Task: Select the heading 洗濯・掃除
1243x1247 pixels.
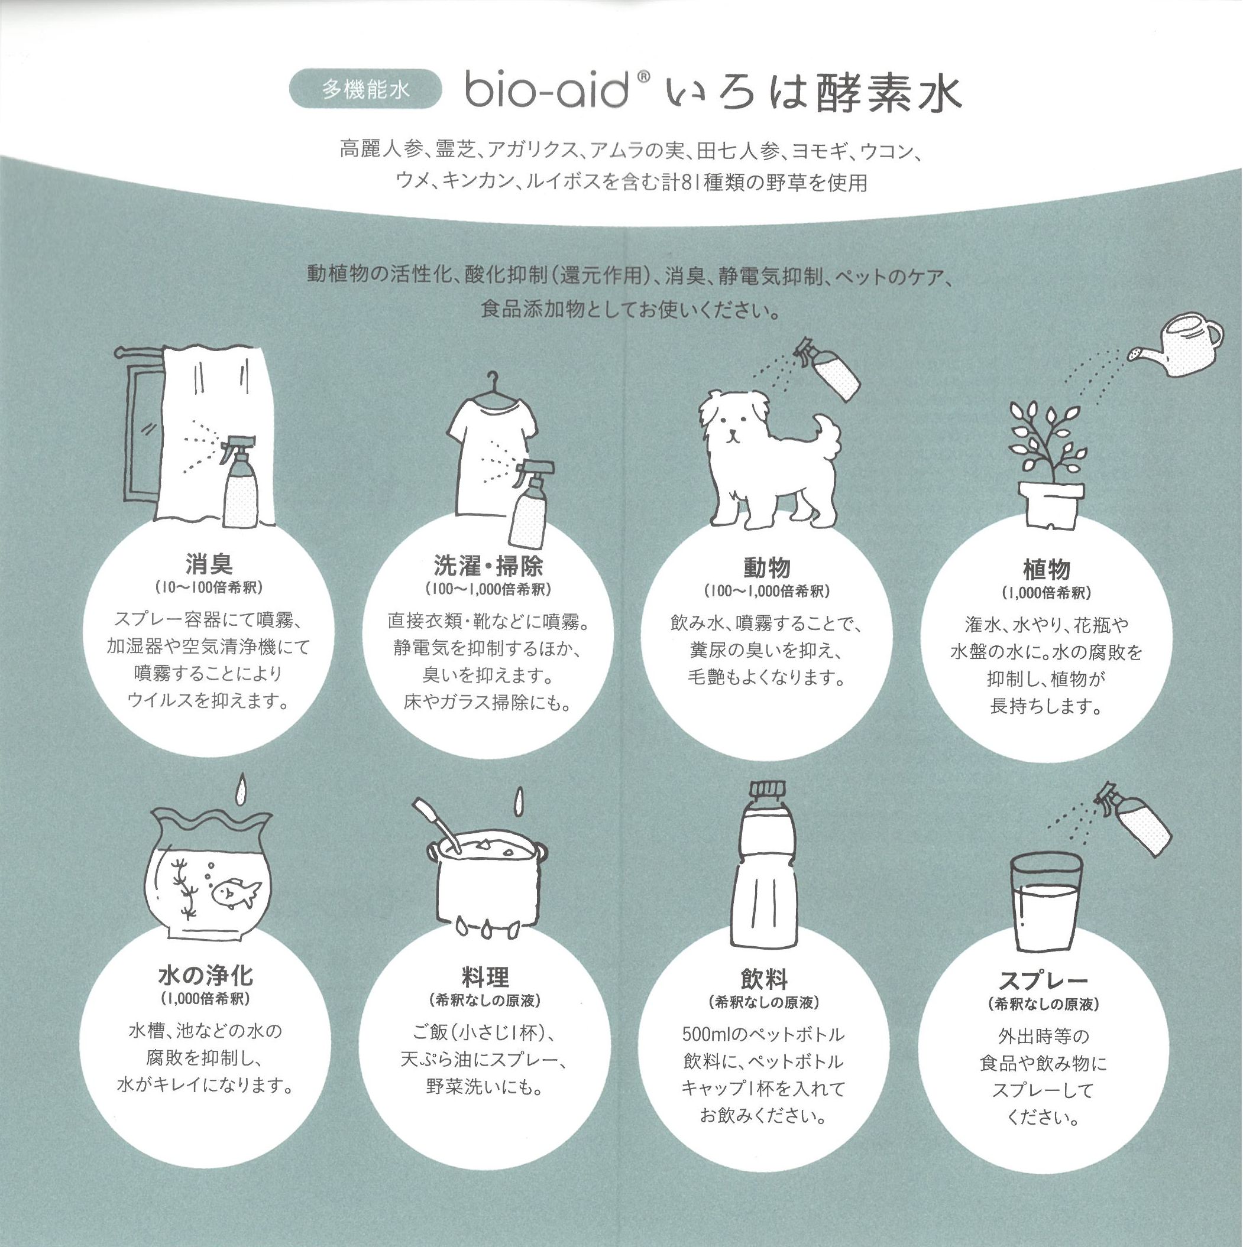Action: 488,566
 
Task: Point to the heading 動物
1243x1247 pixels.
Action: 766,567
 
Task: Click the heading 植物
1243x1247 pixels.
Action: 1046,569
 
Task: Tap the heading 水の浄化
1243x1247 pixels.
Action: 205,975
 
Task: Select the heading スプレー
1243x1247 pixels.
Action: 1043,981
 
